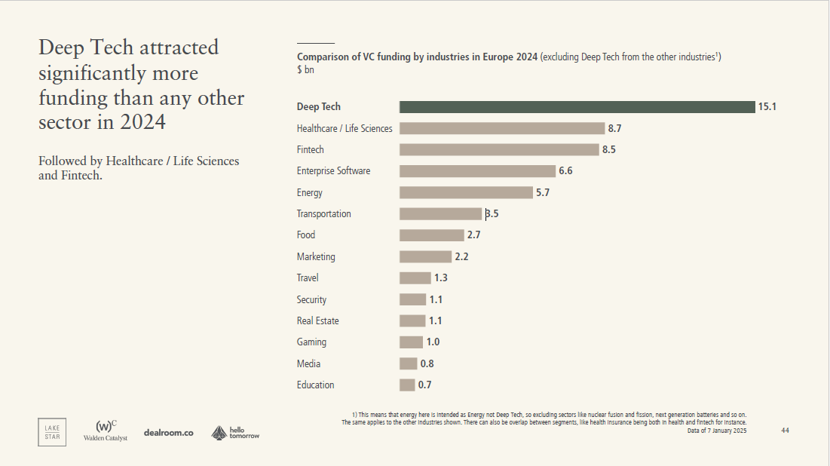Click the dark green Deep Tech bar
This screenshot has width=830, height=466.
click(x=577, y=107)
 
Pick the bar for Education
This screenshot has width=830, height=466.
click(x=407, y=385)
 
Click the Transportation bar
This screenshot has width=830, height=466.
click(x=440, y=214)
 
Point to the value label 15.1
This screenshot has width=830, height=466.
click(x=767, y=107)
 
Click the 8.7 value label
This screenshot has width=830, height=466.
click(x=614, y=128)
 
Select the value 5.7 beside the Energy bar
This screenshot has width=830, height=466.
click(x=543, y=192)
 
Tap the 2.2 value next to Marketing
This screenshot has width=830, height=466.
click(x=461, y=256)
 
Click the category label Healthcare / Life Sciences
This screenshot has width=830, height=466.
click(x=345, y=128)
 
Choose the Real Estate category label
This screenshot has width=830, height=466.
click(x=317, y=320)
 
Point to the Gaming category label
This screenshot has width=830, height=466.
click(x=311, y=342)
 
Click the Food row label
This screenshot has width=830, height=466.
click(x=306, y=235)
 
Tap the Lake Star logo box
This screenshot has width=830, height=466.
click(x=52, y=431)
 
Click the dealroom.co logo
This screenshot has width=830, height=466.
click(x=169, y=433)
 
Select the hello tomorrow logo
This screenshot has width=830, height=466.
click(x=234, y=433)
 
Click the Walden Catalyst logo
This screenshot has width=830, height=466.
click(x=106, y=431)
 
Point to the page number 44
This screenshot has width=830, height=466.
click(x=785, y=430)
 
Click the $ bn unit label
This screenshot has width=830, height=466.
click(x=305, y=70)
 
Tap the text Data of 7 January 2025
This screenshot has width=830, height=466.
click(x=717, y=431)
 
